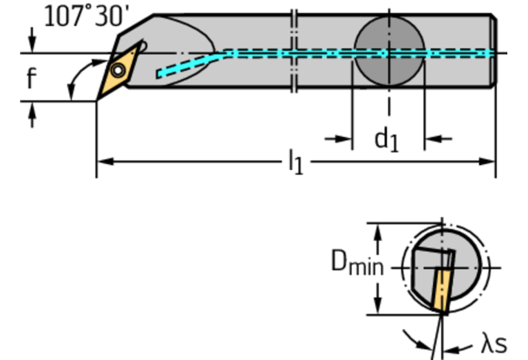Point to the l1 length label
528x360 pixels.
[x=294, y=163]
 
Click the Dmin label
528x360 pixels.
[x=357, y=264]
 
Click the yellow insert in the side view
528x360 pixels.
[x=119, y=70]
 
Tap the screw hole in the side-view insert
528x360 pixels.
[x=119, y=70]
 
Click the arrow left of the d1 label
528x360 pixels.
[x=344, y=139]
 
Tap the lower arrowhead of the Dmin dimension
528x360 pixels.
[x=377, y=307]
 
